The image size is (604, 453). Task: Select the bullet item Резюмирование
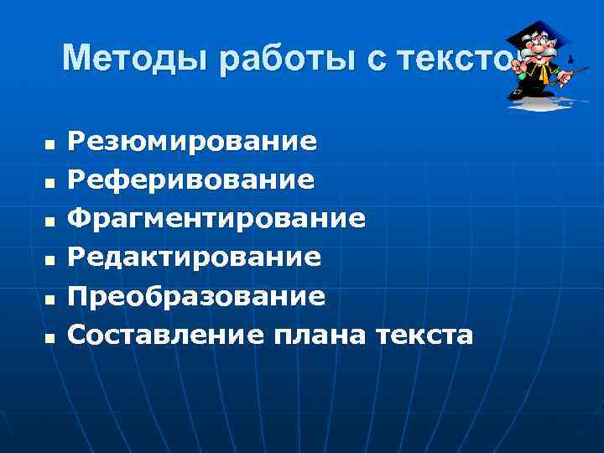pyautogui.click(x=192, y=141)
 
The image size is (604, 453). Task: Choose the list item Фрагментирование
pyautogui.click(x=216, y=218)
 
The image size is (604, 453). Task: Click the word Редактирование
pyautogui.click(x=194, y=257)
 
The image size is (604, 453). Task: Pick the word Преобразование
pyautogui.click(x=196, y=296)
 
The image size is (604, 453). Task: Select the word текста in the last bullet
pyautogui.click(x=424, y=335)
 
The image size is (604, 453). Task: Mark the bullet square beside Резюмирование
pyautogui.click(x=49, y=145)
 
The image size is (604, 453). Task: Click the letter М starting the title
pyautogui.click(x=77, y=58)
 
